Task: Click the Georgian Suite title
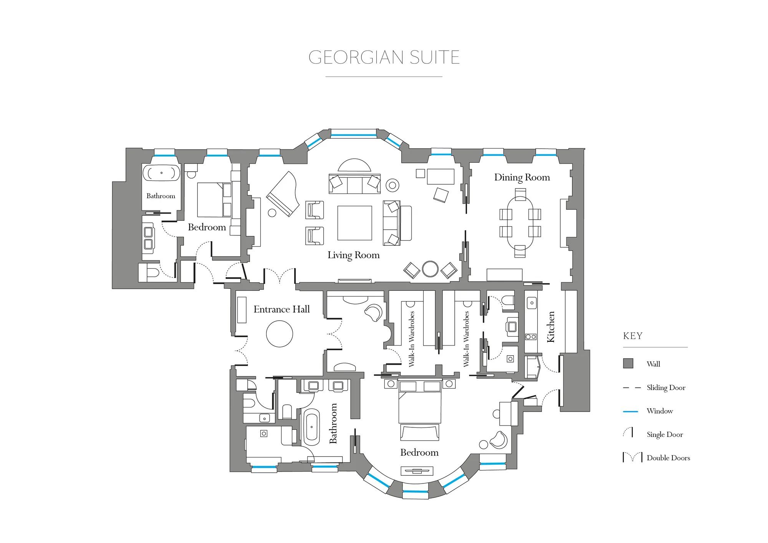384,57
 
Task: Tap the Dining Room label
522,177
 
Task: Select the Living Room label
353,255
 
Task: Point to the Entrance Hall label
281,309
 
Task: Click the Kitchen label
551,327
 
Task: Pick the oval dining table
520,223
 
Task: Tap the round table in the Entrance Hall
280,334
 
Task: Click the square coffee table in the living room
354,223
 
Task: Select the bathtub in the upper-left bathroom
161,173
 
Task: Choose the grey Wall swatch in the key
628,364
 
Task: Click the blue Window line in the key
630,411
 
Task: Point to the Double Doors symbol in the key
632,457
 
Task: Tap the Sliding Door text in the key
666,387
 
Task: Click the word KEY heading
632,336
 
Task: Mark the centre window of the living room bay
353,135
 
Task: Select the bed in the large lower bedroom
420,402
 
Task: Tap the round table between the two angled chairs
430,269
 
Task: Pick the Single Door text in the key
665,435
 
